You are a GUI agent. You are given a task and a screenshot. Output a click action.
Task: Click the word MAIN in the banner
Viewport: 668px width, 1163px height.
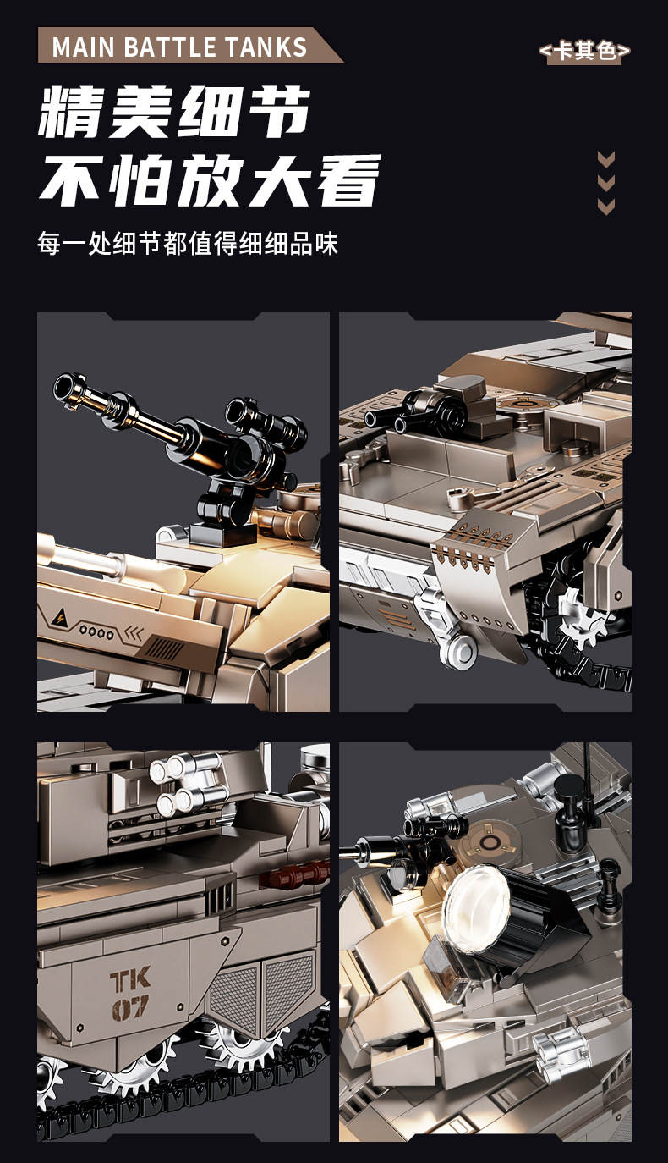pyautogui.click(x=83, y=47)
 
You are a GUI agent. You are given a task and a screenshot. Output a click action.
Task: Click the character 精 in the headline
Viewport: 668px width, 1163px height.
pyautogui.click(x=72, y=112)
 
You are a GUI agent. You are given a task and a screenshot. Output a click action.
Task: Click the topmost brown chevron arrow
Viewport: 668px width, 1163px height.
pyautogui.click(x=605, y=158)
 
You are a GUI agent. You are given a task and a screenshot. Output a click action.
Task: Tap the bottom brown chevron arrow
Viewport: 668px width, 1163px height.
pyautogui.click(x=605, y=207)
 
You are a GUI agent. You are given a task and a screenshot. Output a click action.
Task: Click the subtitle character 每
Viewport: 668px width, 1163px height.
pyautogui.click(x=49, y=243)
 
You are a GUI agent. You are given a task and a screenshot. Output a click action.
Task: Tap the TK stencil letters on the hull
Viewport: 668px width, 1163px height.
pyautogui.click(x=130, y=979)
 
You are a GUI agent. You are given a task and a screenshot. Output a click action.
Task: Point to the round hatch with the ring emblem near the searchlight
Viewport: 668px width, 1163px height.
pyautogui.click(x=489, y=841)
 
